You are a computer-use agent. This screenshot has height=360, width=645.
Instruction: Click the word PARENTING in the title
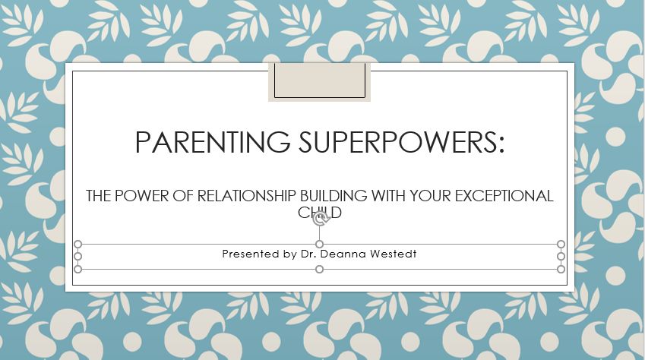(212, 142)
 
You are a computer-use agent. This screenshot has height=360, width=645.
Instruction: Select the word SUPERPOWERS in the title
(398, 142)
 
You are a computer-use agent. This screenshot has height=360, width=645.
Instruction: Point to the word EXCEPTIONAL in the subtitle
(504, 196)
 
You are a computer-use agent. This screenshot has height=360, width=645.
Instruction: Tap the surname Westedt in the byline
(394, 254)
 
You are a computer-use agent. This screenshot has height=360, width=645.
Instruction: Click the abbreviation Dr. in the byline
(308, 254)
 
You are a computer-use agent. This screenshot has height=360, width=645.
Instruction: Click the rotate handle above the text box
(320, 219)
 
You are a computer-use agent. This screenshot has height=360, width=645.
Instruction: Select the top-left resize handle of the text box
(77, 245)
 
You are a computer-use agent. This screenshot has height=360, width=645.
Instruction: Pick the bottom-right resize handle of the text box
(561, 269)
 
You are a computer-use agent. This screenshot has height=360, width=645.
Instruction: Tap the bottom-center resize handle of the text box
(319, 269)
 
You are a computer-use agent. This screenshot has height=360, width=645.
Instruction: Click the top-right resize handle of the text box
(561, 245)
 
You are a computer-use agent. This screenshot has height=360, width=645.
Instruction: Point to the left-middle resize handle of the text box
(77, 256)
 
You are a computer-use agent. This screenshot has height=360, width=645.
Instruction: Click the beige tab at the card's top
(320, 81)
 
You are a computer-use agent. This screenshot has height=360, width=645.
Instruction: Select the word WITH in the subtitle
(389, 196)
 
